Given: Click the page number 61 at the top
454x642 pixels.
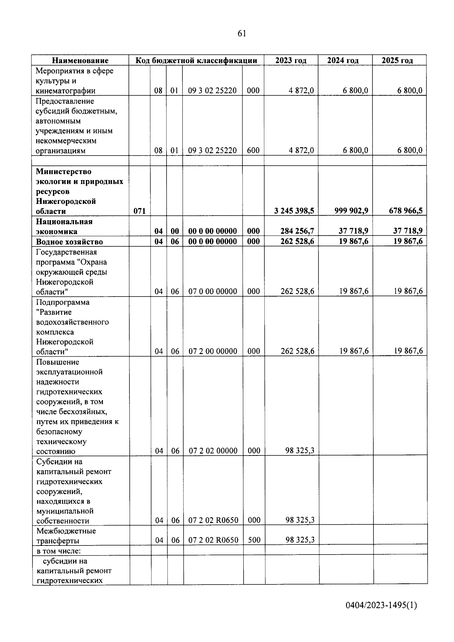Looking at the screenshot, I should coord(242,34).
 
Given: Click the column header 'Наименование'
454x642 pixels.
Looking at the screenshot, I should coord(80,61).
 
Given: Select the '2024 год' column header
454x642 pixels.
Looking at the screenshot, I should coord(343,61).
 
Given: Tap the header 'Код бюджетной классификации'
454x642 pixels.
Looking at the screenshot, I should coord(196,61).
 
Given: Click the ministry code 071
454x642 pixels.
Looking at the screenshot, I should coord(140,211).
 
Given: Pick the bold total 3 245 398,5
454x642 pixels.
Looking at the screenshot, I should coord(294,211).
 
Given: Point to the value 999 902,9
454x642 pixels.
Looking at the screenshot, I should coord(351,211).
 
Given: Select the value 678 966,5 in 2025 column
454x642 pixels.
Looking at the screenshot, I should coord(406,211).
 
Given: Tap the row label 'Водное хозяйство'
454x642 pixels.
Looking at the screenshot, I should coord(69,242).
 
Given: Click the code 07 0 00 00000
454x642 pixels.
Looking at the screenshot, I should coord(213,291).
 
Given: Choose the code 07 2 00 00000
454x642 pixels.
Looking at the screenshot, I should coord(213,351).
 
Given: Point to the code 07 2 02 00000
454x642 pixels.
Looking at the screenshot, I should coord(213,451).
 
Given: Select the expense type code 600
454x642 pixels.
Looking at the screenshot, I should coord(253,151).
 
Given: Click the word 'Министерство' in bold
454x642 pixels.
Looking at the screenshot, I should coord(64,172).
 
